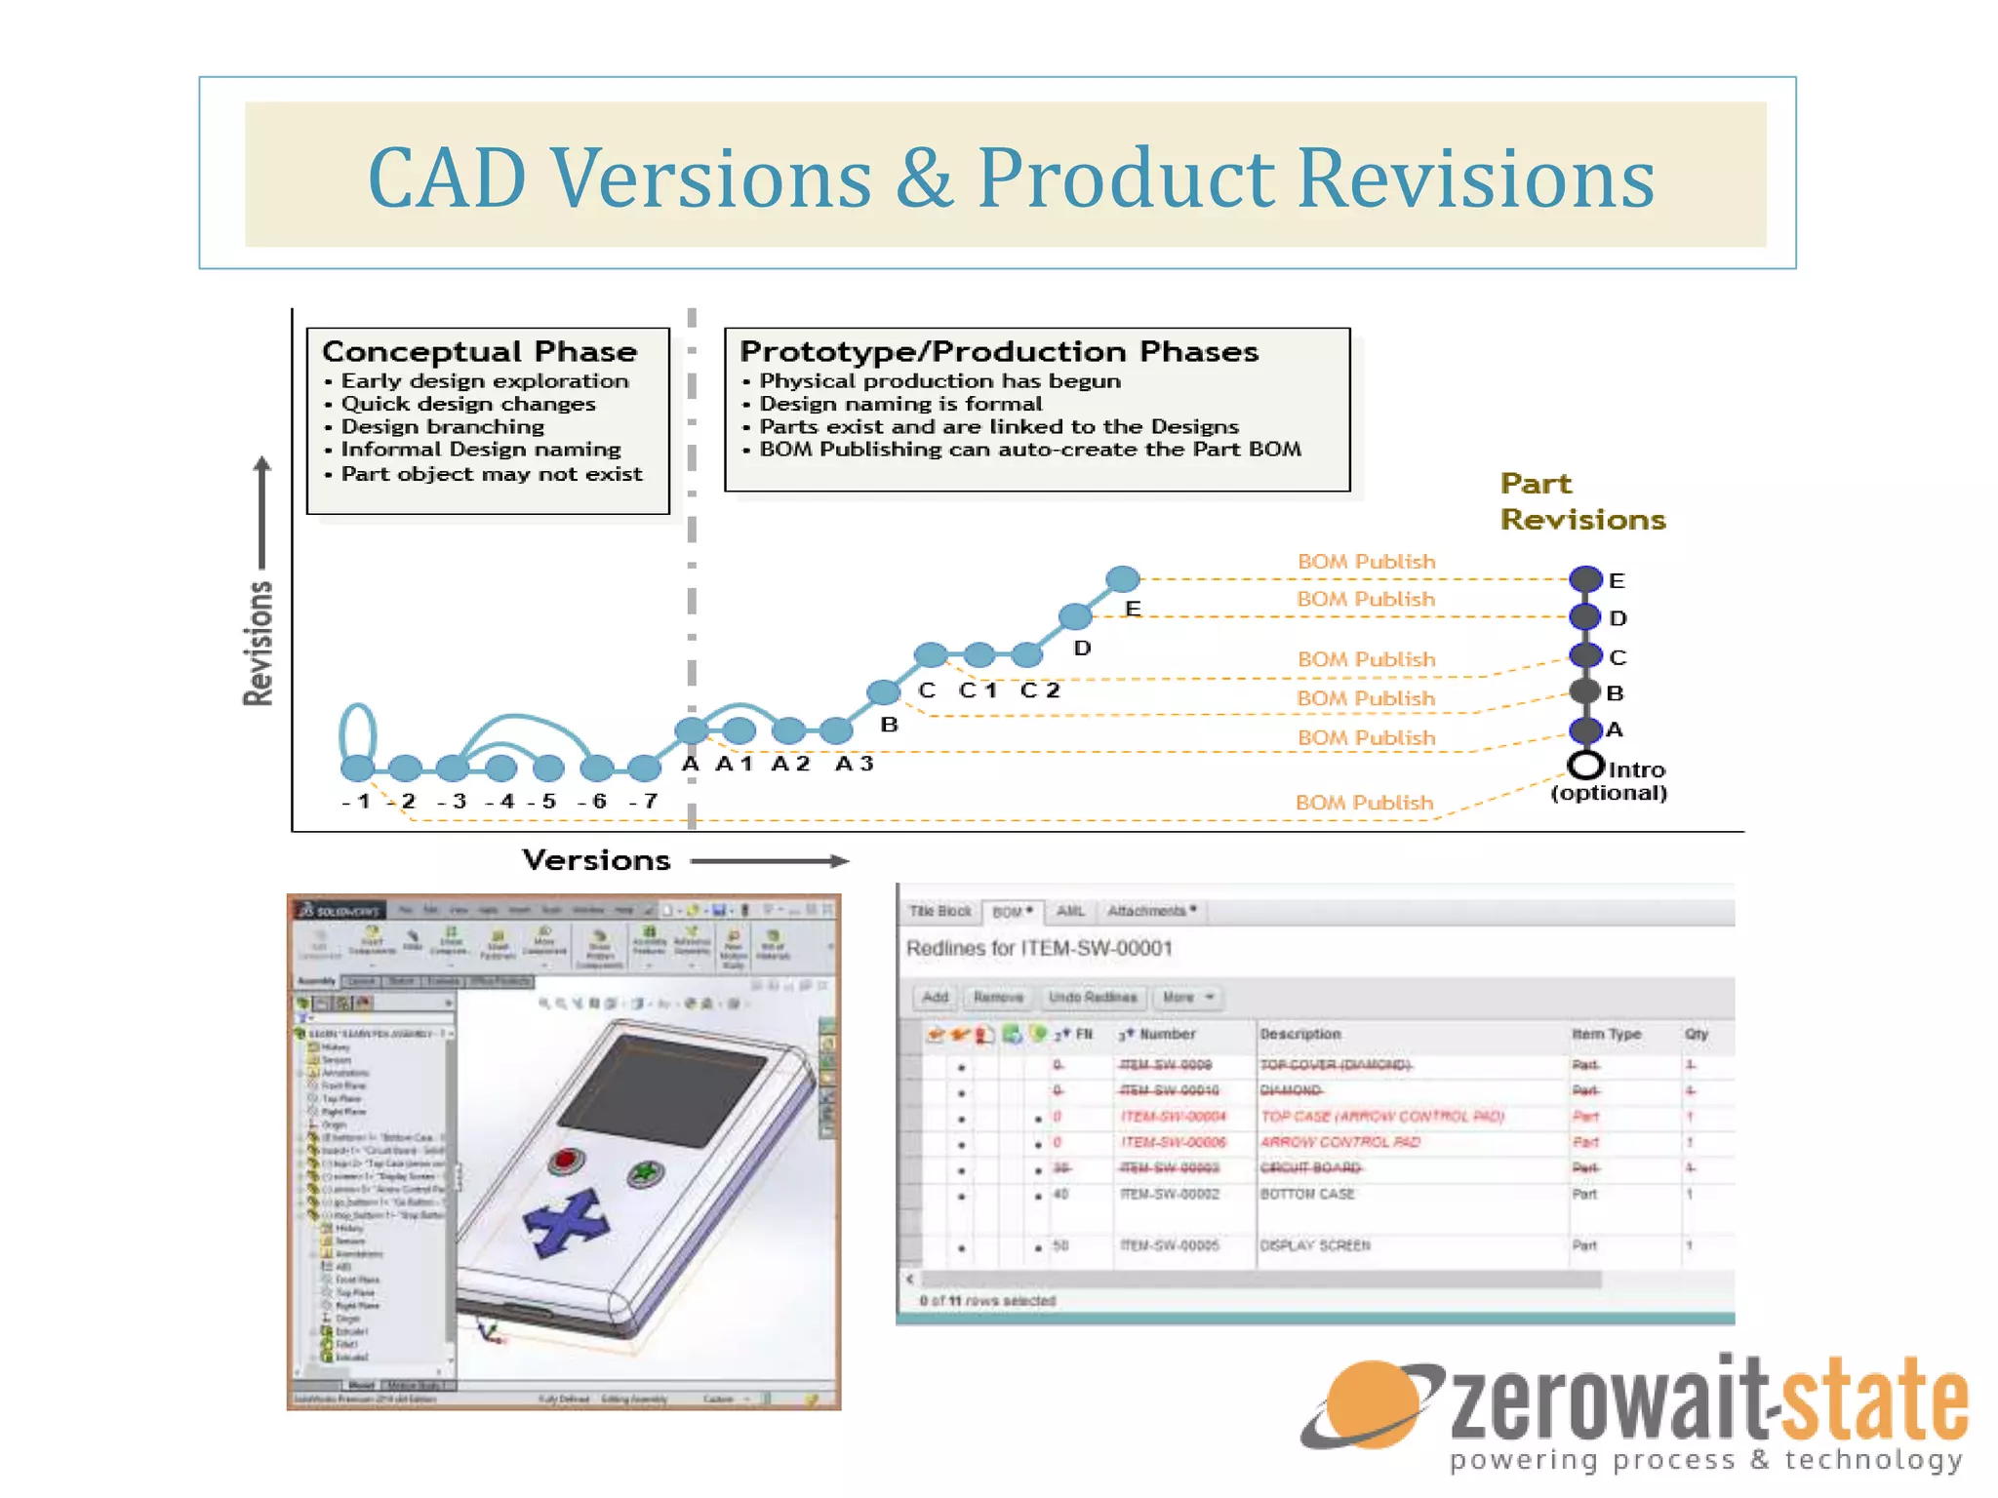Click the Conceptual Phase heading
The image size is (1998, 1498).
coord(479,351)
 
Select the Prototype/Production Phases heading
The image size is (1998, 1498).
coord(998,351)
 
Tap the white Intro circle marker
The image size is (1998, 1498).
coord(1586,765)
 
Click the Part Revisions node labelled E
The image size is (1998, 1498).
coord(1586,579)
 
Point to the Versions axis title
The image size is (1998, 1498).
coord(596,860)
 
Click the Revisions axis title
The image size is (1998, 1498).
coord(259,644)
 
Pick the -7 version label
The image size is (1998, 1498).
coord(644,802)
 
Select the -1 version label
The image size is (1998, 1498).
coord(357,802)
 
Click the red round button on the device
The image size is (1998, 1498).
coord(566,1161)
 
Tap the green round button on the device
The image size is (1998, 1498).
coord(645,1173)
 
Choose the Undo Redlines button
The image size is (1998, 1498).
coord(1093,998)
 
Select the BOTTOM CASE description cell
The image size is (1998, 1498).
coord(1307,1195)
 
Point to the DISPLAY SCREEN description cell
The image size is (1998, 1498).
coord(1315,1246)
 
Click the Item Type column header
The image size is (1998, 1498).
coord(1606,1034)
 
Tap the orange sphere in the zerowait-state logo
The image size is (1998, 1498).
coord(1374,1404)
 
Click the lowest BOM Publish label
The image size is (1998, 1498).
coord(1364,803)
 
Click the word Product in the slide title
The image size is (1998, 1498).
coord(1126,177)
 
